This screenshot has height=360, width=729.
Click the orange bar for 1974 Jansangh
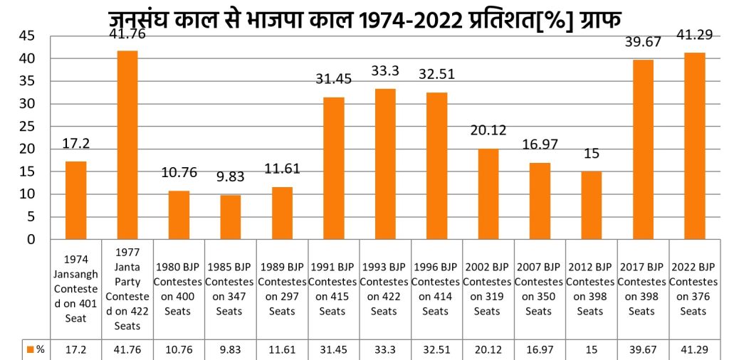[x=75, y=201]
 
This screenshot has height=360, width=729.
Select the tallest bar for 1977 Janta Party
[x=127, y=145]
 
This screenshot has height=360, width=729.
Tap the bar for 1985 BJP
[x=231, y=217]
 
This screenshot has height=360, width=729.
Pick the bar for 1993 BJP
[x=385, y=164]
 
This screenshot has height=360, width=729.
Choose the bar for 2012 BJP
[x=592, y=206]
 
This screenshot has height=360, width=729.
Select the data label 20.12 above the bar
[x=488, y=132]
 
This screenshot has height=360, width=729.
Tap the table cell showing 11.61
[x=282, y=350]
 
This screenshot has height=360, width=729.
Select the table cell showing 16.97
[x=540, y=350]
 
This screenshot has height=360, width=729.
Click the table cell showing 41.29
[x=694, y=350]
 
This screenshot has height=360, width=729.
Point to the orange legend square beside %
[x=31, y=350]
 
